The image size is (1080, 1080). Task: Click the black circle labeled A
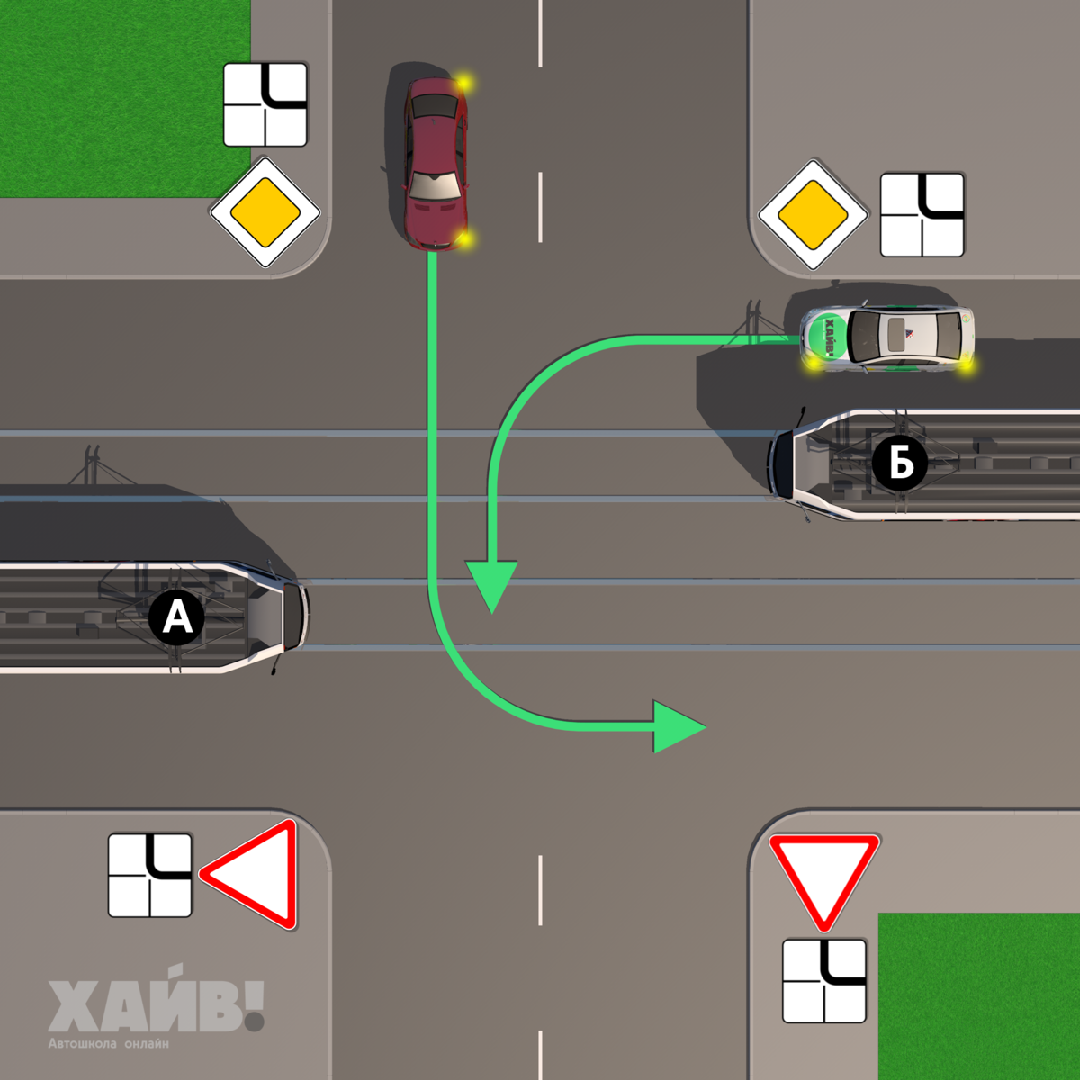click(177, 617)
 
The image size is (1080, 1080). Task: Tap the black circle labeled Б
click(899, 463)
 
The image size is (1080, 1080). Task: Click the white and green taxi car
click(886, 337)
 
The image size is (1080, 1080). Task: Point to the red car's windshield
click(435, 185)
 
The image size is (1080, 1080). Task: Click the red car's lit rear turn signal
click(463, 84)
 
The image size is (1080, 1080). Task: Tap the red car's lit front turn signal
click(463, 238)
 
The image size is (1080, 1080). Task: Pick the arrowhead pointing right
click(677, 725)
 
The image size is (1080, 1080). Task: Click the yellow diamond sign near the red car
click(265, 213)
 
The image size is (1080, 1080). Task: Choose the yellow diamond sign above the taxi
click(813, 215)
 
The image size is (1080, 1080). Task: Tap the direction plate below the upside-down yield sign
click(823, 981)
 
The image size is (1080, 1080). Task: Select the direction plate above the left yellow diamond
click(265, 104)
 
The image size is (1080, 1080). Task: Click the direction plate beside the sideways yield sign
click(149, 875)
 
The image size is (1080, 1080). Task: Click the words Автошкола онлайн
click(108, 1044)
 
